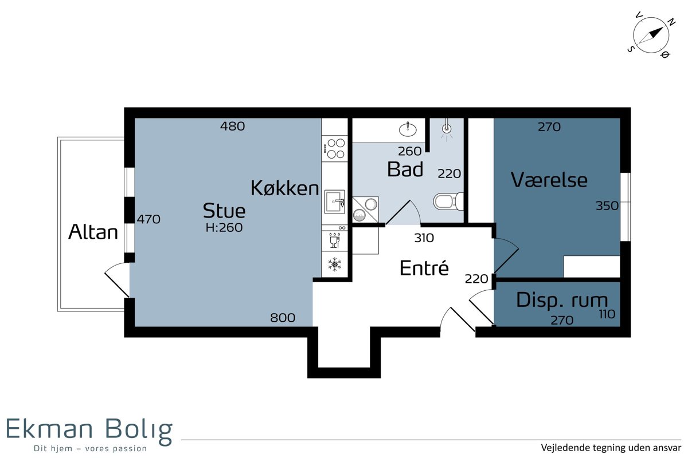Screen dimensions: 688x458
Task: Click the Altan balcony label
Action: [x=93, y=232]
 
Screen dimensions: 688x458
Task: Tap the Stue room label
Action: [x=224, y=211]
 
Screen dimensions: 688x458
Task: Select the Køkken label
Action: [x=285, y=188]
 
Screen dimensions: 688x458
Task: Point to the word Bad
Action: [x=405, y=169]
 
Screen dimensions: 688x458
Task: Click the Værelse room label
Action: [x=549, y=180]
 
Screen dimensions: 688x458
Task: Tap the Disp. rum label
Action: [x=562, y=300]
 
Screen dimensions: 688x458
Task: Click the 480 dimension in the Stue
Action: [x=233, y=127]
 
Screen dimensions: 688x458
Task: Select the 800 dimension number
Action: [x=283, y=318]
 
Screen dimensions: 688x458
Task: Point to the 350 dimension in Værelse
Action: [x=607, y=206]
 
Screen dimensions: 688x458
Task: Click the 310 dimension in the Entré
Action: [x=424, y=238]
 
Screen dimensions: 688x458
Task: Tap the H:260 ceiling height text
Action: [x=224, y=228]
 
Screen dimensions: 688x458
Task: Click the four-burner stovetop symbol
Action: [x=335, y=149]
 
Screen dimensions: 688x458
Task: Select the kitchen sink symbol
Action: [x=335, y=202]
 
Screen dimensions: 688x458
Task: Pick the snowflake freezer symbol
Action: [x=334, y=264]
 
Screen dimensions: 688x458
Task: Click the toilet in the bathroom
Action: [x=448, y=202]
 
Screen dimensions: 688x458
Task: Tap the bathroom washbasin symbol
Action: [x=408, y=129]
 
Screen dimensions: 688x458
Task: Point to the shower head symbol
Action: [x=447, y=129]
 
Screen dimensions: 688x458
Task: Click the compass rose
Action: [x=651, y=35]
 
